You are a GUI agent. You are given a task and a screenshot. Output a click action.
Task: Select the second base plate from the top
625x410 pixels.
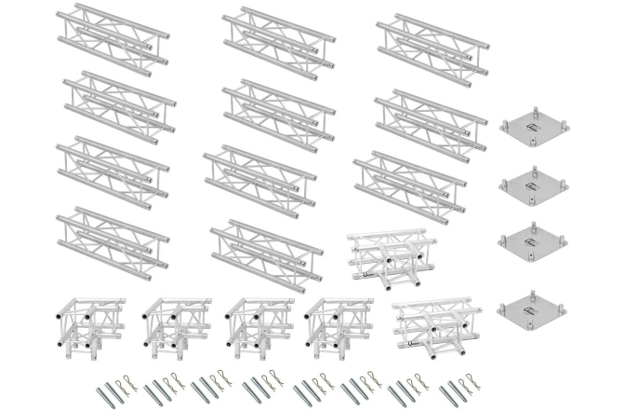click(535, 184)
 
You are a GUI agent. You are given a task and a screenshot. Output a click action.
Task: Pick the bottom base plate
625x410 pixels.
click(535, 311)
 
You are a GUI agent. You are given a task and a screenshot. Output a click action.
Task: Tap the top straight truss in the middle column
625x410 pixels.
click(280, 40)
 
